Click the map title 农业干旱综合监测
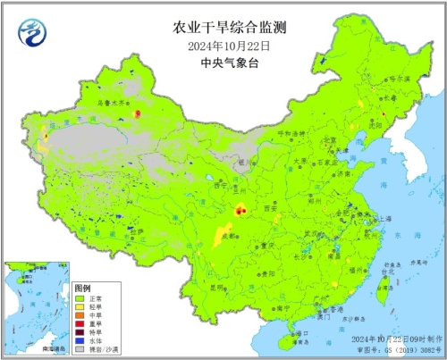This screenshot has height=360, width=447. [223, 28]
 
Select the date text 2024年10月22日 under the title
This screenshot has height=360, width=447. [223, 45]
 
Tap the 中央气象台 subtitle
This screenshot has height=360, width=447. [223, 63]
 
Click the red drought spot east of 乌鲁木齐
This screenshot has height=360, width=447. [137, 113]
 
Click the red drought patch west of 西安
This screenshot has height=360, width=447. [240, 211]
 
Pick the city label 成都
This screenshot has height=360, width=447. [229, 237]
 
